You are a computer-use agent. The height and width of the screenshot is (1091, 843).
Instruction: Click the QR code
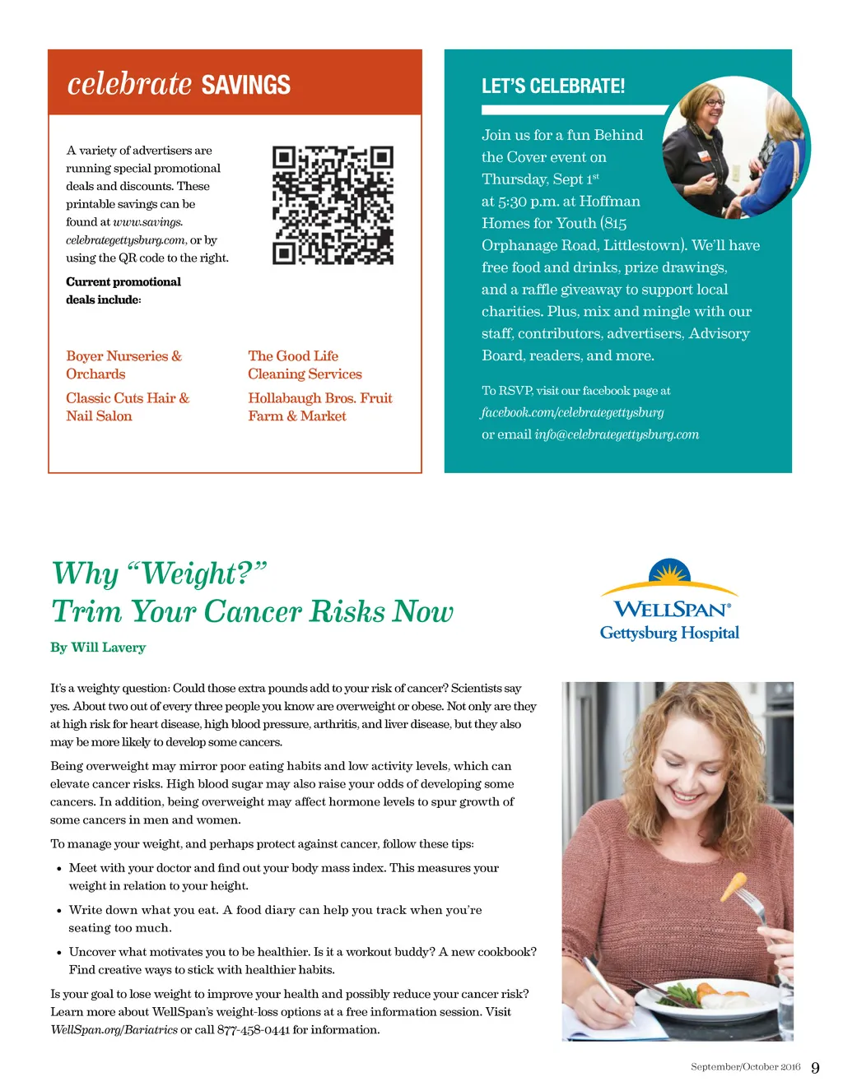point(333,205)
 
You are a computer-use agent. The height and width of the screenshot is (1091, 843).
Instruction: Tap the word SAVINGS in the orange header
point(245,85)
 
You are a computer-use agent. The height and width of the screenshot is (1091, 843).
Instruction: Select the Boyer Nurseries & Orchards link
point(123,364)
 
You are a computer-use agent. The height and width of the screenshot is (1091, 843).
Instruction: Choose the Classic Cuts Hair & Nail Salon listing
point(128,406)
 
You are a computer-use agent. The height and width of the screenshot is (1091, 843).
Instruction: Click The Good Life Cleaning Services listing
point(305,364)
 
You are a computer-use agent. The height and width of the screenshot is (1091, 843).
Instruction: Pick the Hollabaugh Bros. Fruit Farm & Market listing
point(319,406)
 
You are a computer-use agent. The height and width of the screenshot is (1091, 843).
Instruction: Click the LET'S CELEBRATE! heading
point(552,86)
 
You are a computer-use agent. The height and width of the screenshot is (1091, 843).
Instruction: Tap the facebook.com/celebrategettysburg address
point(572,412)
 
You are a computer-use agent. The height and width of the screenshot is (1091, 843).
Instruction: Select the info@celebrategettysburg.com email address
point(616,434)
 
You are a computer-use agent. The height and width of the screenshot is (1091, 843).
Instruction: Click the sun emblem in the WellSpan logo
point(669,572)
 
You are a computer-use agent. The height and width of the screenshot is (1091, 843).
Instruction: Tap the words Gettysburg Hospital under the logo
point(669,633)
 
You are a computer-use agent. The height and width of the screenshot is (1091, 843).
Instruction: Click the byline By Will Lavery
point(98,648)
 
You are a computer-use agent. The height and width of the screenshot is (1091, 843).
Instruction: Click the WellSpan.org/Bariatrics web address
point(114,1030)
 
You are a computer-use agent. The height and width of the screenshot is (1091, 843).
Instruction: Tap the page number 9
point(815,1068)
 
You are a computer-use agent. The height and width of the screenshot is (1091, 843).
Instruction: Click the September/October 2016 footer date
point(745,1067)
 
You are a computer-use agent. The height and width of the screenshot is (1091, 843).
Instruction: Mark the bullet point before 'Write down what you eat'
point(59,911)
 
